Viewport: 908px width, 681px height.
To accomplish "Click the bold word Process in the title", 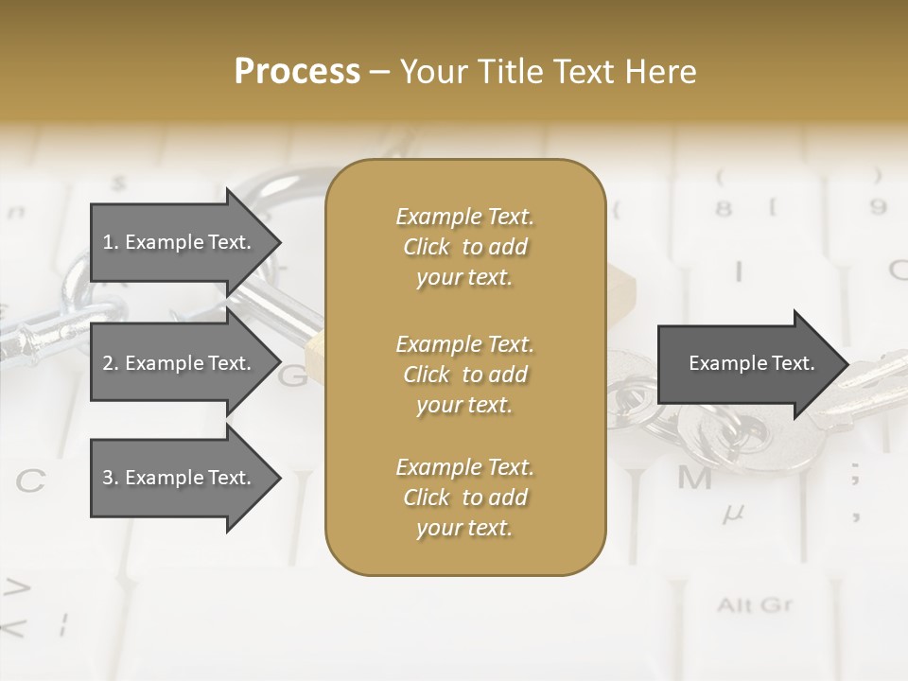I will pyautogui.click(x=297, y=71).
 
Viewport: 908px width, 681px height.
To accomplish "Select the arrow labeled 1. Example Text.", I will pyautogui.click(x=177, y=242).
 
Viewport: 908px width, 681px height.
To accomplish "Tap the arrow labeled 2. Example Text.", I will pyautogui.click(x=177, y=363).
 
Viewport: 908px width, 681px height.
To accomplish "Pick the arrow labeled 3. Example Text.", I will pyautogui.click(x=177, y=478).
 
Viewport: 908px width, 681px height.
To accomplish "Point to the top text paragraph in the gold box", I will pyautogui.click(x=464, y=247).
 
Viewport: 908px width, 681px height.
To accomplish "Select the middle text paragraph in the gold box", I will pyautogui.click(x=464, y=375).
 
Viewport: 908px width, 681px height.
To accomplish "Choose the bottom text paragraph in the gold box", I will pyautogui.click(x=464, y=498).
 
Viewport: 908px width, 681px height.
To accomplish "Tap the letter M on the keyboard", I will pyautogui.click(x=694, y=479).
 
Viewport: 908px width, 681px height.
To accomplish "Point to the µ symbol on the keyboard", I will pyautogui.click(x=733, y=515).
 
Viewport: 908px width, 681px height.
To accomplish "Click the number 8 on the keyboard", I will pyautogui.click(x=724, y=207).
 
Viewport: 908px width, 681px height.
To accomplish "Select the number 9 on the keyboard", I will pyautogui.click(x=879, y=207).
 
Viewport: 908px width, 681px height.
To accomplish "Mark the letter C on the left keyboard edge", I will pyautogui.click(x=30, y=481).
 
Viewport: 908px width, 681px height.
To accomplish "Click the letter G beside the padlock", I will pyautogui.click(x=293, y=375).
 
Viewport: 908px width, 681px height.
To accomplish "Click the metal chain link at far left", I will pyautogui.click(x=47, y=336).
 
